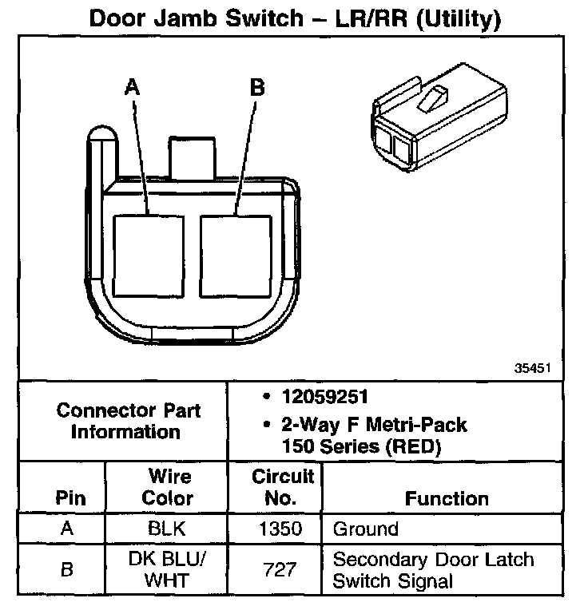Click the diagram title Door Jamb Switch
tap(294, 18)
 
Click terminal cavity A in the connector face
tap(149, 255)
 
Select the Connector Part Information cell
tap(129, 422)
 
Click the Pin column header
tap(71, 498)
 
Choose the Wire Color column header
tap(168, 487)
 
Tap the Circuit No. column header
tap(283, 487)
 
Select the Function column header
tap(447, 498)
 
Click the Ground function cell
tap(365, 529)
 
